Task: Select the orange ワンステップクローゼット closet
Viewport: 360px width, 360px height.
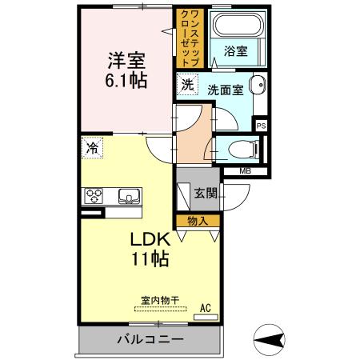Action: pyautogui.click(x=192, y=38)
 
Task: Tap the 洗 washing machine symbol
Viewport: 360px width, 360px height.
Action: pyautogui.click(x=187, y=84)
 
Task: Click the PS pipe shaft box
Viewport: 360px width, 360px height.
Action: pyautogui.click(x=261, y=125)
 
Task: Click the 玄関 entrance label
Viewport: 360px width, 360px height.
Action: pyautogui.click(x=205, y=192)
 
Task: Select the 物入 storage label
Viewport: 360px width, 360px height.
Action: pyautogui.click(x=198, y=221)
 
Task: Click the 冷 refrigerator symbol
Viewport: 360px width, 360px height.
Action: pyautogui.click(x=93, y=148)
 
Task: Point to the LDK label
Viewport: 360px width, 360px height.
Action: pyautogui.click(x=149, y=239)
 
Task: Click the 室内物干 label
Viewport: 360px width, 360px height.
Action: pyautogui.click(x=160, y=301)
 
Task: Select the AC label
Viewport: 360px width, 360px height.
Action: pyautogui.click(x=205, y=306)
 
